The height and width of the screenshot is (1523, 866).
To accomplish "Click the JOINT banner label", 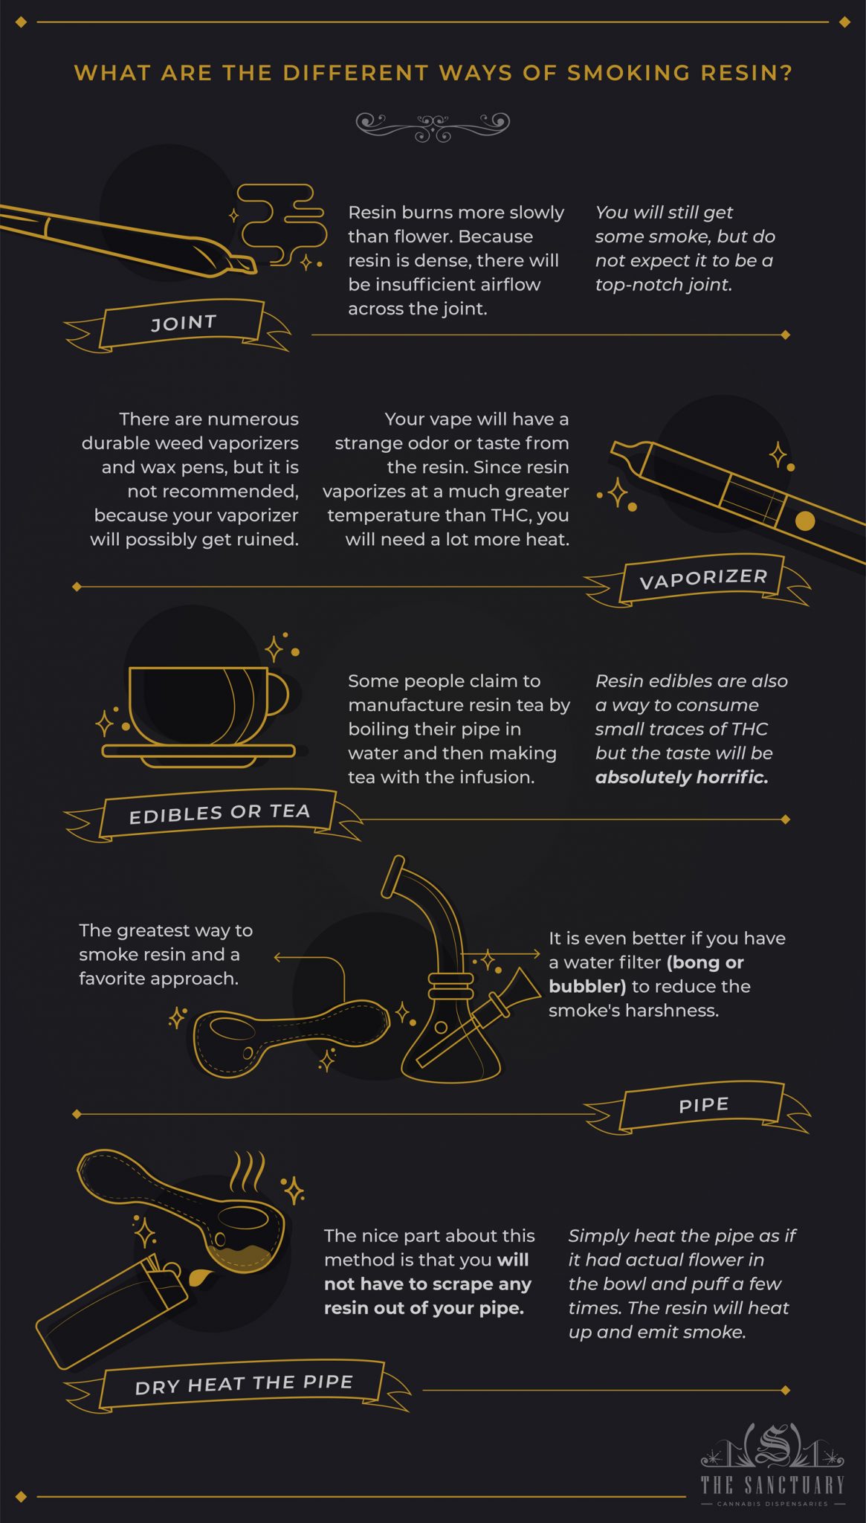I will pyautogui.click(x=184, y=323).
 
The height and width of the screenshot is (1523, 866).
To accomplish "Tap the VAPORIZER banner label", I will pyautogui.click(x=703, y=579).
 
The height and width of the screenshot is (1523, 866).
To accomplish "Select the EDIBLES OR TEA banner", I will pyautogui.click(x=219, y=813).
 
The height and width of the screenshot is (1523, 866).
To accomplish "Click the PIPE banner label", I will pyautogui.click(x=703, y=1105).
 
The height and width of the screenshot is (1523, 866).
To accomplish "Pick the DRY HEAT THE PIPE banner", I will pyautogui.click(x=244, y=1384).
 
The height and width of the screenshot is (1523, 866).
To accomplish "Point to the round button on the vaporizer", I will pyautogui.click(x=804, y=521).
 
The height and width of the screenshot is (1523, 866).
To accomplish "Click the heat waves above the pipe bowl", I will pyautogui.click(x=247, y=1172).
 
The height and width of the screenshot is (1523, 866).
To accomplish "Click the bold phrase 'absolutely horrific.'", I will pyautogui.click(x=682, y=777).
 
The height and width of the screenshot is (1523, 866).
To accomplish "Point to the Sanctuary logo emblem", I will pyautogui.click(x=773, y=1446).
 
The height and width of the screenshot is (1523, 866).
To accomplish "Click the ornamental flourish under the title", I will pyautogui.click(x=433, y=126).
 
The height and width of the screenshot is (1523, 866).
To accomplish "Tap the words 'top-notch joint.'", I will pyautogui.click(x=663, y=285).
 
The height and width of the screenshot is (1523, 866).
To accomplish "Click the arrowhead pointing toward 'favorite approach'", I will pyautogui.click(x=277, y=957).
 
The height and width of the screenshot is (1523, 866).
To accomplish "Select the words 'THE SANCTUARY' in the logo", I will pyautogui.click(x=773, y=1485).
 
